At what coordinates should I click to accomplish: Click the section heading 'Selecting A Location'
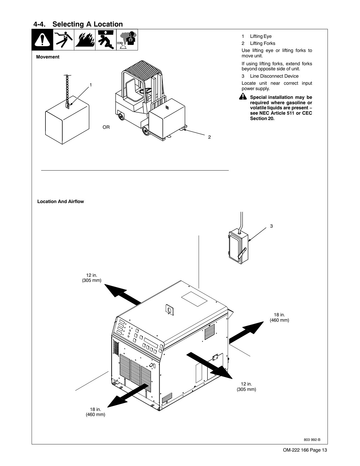tap(88, 24)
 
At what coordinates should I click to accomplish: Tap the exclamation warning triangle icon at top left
tap(42, 40)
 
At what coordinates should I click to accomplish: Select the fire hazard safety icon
tap(84, 40)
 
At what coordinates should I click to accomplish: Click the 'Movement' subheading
tap(48, 57)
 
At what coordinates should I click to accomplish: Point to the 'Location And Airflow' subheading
tap(60, 202)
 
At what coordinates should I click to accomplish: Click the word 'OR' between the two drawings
tap(106, 127)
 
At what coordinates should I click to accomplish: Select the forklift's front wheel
tap(146, 131)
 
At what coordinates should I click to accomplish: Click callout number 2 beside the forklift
tap(209, 137)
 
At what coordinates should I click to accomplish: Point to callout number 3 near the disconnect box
tap(271, 226)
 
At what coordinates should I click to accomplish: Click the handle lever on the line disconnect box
tap(242, 253)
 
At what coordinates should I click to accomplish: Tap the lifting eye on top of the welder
tap(169, 310)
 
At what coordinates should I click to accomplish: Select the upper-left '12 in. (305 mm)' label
tap(91, 278)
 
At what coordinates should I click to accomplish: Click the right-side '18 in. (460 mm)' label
tap(279, 317)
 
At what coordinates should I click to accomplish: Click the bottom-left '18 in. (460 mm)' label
tap(95, 412)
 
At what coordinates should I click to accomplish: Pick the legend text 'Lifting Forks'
tap(262, 43)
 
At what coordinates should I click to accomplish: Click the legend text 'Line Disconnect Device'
tap(274, 76)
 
